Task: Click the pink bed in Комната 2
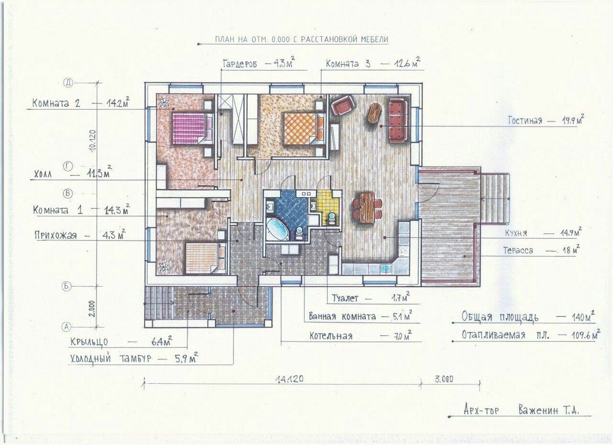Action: click(x=192, y=129)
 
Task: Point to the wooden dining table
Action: click(x=367, y=208)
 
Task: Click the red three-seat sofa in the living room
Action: click(x=398, y=120)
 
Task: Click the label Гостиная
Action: click(x=525, y=120)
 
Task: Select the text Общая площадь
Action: click(x=500, y=317)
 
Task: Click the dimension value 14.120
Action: click(x=290, y=379)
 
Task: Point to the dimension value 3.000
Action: click(x=443, y=379)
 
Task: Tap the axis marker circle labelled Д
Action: click(x=68, y=83)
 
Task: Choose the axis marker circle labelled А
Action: click(x=67, y=327)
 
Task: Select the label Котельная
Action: click(x=331, y=336)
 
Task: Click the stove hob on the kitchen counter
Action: click(x=403, y=251)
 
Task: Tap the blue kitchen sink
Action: click(x=386, y=269)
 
